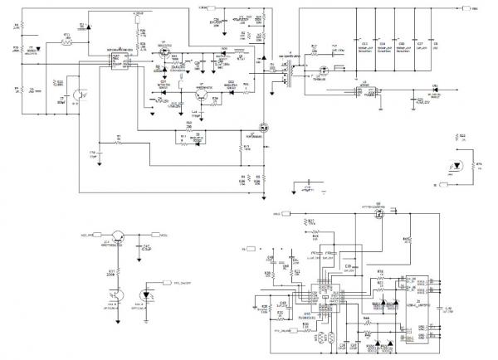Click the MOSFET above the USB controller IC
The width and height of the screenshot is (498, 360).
coord(377,217)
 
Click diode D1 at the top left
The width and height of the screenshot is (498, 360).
coord(82,27)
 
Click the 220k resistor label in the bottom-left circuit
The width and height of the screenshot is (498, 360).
coord(110,273)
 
